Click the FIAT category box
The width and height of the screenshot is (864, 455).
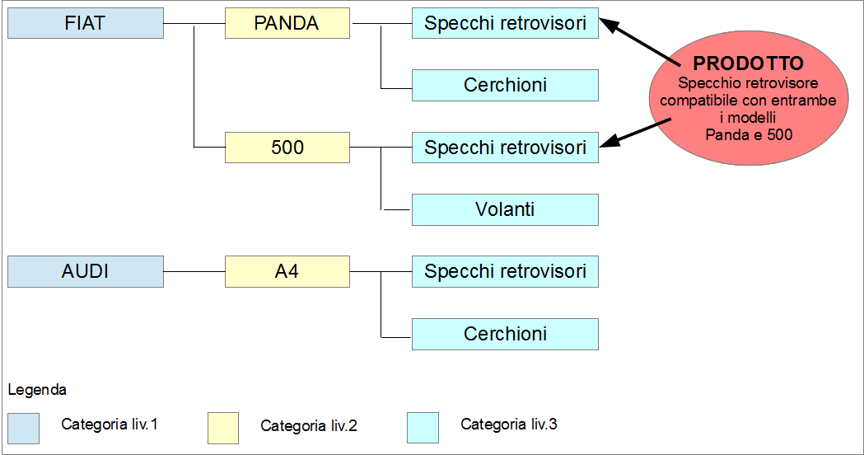(86, 23)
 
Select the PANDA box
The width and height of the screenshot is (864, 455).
(287, 23)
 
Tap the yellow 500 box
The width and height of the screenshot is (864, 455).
(287, 148)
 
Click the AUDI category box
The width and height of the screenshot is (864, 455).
(86, 271)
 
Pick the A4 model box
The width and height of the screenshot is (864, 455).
(287, 271)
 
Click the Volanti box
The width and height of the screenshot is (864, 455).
(505, 209)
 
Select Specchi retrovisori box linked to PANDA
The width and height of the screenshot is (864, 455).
(505, 23)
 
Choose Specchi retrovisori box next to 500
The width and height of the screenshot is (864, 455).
(505, 148)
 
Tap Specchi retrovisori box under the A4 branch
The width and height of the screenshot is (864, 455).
(505, 271)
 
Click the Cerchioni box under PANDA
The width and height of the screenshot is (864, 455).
(505, 85)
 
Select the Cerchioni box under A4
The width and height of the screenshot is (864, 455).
(505, 334)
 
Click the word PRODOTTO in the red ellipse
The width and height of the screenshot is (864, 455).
(748, 63)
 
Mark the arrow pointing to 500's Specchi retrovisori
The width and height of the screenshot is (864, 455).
(635, 133)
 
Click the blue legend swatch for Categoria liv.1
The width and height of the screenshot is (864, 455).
(23, 429)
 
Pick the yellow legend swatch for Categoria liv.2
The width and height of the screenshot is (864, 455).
(223, 428)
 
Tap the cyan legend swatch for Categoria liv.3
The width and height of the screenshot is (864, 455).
(423, 428)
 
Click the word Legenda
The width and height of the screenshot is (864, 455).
(37, 390)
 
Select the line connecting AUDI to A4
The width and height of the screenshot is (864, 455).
(194, 271)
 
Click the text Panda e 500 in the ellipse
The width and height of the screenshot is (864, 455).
(749, 134)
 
